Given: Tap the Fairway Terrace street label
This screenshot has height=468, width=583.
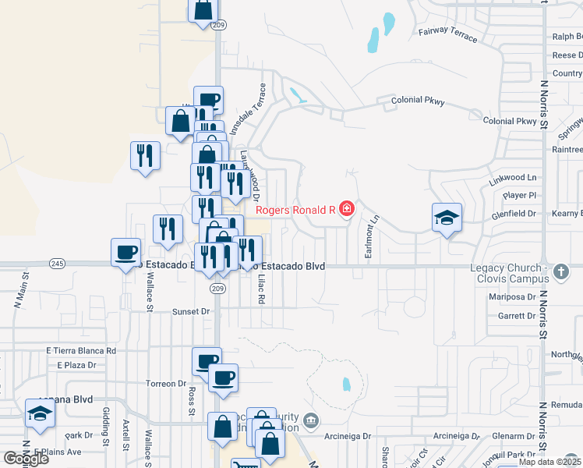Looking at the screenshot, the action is (447, 33).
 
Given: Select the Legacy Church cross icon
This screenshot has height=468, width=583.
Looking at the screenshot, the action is (563, 272).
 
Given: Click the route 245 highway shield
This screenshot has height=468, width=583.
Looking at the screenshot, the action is (57, 264).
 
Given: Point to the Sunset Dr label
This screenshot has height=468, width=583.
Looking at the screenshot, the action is (191, 311).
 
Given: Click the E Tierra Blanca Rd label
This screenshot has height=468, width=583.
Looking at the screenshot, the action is (81, 351).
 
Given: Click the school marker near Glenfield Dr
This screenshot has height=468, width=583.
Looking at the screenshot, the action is (447, 218).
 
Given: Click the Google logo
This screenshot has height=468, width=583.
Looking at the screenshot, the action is (26, 458).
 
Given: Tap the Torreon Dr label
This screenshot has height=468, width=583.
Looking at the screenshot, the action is (164, 384).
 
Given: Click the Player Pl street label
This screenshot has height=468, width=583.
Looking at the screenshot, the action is (520, 195).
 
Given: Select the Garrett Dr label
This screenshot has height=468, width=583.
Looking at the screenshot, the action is (516, 316).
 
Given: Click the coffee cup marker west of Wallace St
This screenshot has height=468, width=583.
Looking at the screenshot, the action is (125, 252).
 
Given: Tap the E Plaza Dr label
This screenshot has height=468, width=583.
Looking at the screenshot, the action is (76, 364).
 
